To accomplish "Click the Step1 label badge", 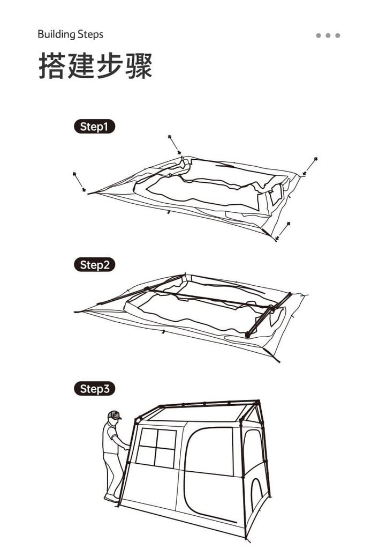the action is click(x=94, y=127).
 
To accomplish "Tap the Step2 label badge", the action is click(x=94, y=265).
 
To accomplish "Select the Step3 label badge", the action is click(x=94, y=389).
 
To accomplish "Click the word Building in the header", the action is click(x=56, y=35).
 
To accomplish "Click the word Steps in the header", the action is click(x=90, y=34).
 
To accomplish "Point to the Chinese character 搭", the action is click(x=52, y=65).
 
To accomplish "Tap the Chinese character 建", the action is click(x=81, y=65).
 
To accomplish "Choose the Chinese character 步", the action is click(x=109, y=65).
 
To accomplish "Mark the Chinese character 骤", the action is click(x=139, y=65).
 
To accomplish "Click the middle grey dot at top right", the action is click(x=328, y=35).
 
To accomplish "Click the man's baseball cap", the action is click(x=115, y=415).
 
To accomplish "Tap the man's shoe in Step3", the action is click(x=112, y=498).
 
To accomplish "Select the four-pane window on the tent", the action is click(x=156, y=448).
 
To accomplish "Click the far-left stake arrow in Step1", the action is click(x=79, y=182).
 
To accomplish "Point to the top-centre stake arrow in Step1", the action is click(x=174, y=144).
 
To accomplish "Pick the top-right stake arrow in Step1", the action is click(x=310, y=166).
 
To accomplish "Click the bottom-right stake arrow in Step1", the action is click(x=283, y=231).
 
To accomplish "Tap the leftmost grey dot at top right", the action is click(x=318, y=35).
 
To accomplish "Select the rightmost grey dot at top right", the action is click(x=338, y=35).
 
